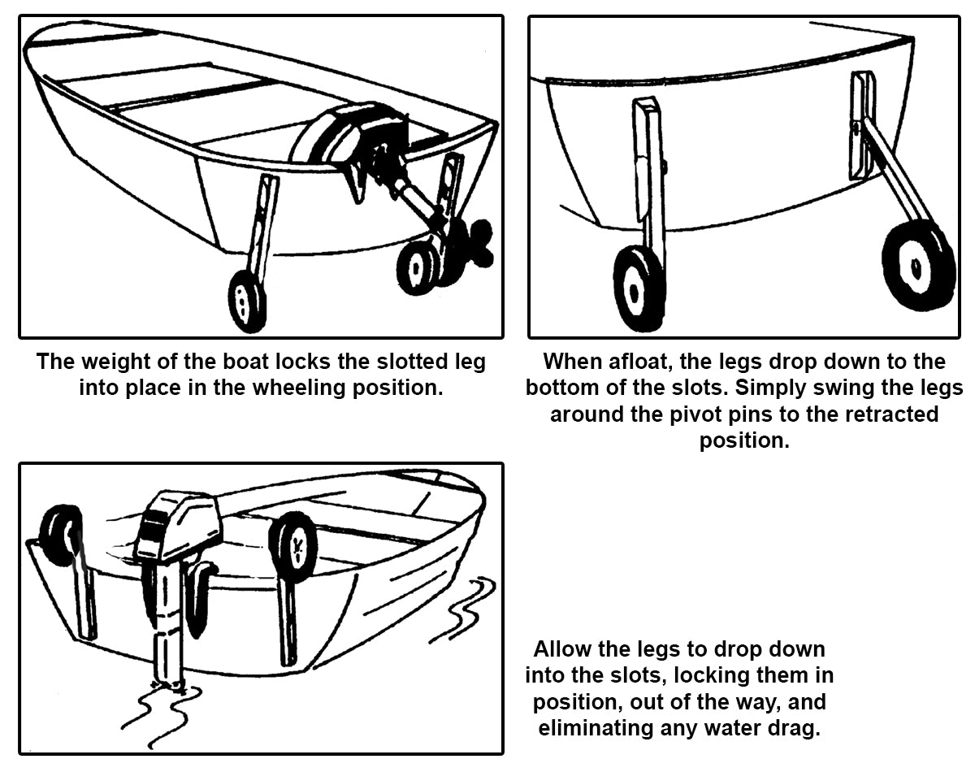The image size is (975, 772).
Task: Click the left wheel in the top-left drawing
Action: point(246,301)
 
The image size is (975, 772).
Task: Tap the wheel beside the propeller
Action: point(418,268)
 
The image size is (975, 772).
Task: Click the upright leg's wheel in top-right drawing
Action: point(639,288)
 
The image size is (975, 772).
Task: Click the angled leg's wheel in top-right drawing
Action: point(919,264)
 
